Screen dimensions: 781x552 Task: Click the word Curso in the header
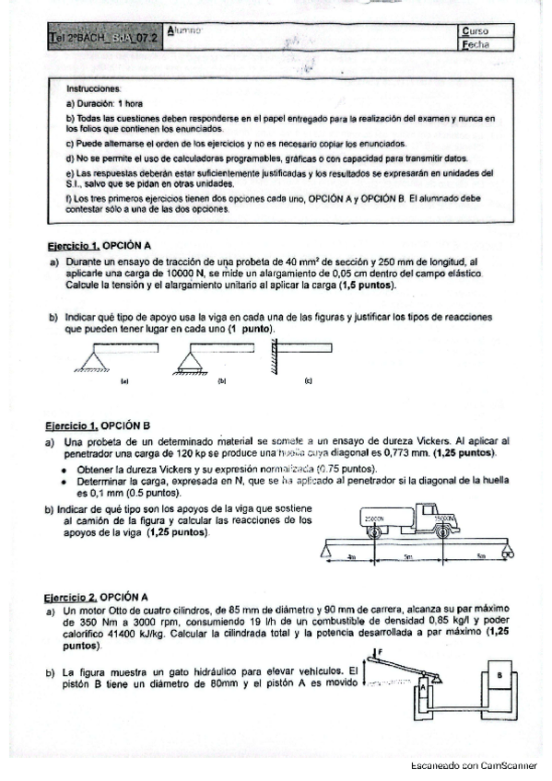tap(475, 30)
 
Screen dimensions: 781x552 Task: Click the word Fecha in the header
tap(476, 43)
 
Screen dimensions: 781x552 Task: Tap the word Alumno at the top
tap(186, 32)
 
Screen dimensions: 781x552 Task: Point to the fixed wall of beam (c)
tap(274, 357)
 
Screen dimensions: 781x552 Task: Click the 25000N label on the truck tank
tap(373, 519)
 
